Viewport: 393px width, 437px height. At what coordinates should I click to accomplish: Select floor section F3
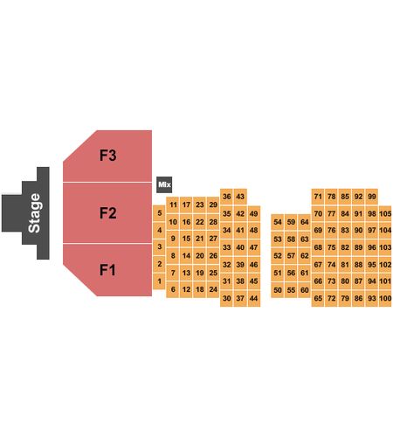pyautogui.click(x=107, y=156)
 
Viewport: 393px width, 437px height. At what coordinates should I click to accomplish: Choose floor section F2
pyautogui.click(x=107, y=213)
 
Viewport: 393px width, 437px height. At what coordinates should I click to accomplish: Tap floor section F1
pyautogui.click(x=107, y=270)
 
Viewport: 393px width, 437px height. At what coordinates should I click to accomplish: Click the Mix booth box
pyautogui.click(x=164, y=184)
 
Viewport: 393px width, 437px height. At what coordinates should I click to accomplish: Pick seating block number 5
pyautogui.click(x=159, y=213)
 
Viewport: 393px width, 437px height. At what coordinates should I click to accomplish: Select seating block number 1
pyautogui.click(x=159, y=281)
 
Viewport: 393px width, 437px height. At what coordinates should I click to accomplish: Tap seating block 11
pyautogui.click(x=173, y=205)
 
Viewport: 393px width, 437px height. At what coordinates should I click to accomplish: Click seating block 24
pyautogui.click(x=213, y=289)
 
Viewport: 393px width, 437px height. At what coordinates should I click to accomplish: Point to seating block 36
pyautogui.click(x=226, y=197)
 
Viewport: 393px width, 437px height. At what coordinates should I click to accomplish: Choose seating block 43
pyautogui.click(x=240, y=197)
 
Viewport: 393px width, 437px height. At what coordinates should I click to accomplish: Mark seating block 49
pyautogui.click(x=254, y=213)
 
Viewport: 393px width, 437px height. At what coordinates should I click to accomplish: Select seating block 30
pyautogui.click(x=226, y=298)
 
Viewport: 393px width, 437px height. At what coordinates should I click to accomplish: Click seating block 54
pyautogui.click(x=278, y=222)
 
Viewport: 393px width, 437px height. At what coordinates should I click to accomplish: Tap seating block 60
pyautogui.click(x=305, y=290)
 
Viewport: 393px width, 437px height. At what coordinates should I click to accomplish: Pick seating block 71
pyautogui.click(x=318, y=197)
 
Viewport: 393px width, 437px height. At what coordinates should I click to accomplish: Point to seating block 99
pyautogui.click(x=372, y=197)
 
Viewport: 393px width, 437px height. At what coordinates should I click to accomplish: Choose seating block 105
pyautogui.click(x=385, y=213)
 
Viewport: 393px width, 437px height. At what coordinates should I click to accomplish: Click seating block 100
pyautogui.click(x=385, y=298)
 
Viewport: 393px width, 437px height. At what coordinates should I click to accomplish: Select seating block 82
pyautogui.click(x=345, y=247)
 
